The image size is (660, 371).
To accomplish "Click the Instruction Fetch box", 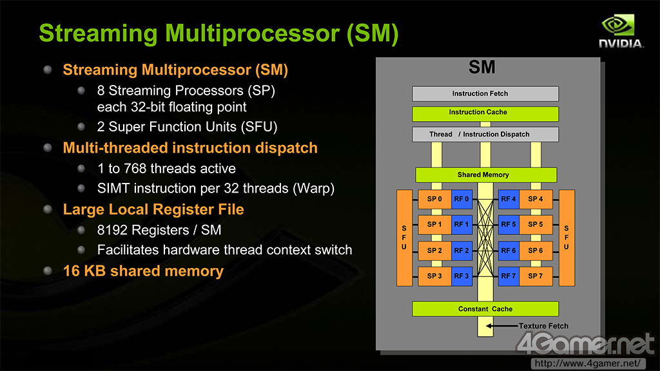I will pos(485,94).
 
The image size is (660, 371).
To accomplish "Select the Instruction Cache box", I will pos(485,113).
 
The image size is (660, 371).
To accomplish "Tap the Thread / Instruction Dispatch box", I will pos(485,135).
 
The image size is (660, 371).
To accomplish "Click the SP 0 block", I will pos(434,199).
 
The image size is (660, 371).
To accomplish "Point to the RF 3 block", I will pos(461,276).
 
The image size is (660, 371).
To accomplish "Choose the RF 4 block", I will pos(509,199).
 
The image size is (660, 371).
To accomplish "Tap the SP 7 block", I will pos(536,276).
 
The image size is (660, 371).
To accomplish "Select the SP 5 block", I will pos(536,225).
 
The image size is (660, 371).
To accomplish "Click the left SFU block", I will pos(405,238).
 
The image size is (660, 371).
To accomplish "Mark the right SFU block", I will pos(567,238).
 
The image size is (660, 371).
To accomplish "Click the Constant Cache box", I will pos(485,309).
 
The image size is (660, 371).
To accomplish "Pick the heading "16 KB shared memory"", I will pos(143,271).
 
